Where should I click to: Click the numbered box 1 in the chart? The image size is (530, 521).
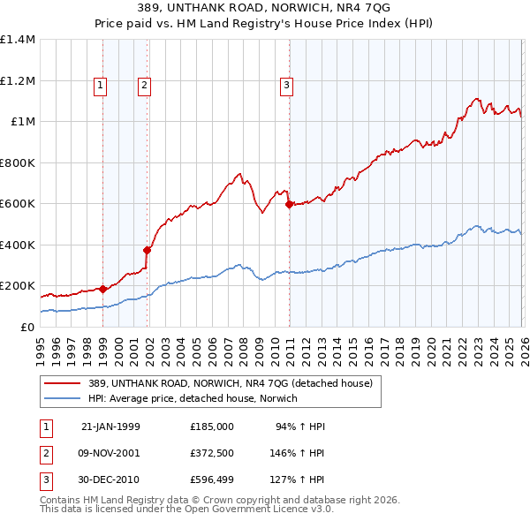(x=101, y=86)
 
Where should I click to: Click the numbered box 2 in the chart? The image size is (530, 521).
(x=143, y=86)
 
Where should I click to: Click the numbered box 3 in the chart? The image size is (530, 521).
(x=287, y=86)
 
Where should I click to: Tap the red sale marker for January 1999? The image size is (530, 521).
(x=102, y=289)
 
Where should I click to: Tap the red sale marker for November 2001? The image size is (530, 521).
(x=147, y=250)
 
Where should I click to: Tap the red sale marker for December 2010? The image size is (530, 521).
(x=289, y=204)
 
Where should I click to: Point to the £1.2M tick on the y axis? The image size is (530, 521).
(x=18, y=80)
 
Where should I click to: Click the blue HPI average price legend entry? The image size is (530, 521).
(x=193, y=398)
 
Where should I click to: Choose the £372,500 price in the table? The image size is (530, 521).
(x=211, y=453)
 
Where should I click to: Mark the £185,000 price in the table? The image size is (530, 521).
(x=211, y=427)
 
